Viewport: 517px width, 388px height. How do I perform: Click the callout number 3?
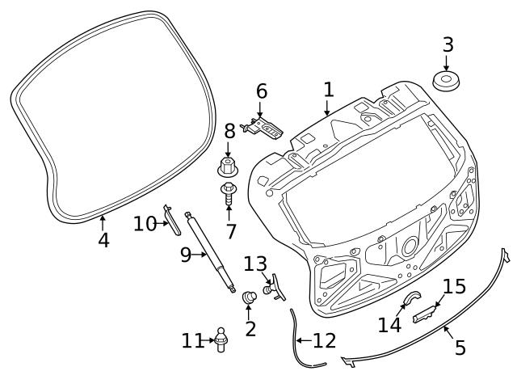pyautogui.click(x=448, y=45)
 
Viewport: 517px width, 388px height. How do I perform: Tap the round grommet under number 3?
pyautogui.click(x=446, y=81)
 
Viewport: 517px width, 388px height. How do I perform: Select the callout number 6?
pyautogui.click(x=262, y=91)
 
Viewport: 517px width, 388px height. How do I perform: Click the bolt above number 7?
pyautogui.click(x=228, y=193)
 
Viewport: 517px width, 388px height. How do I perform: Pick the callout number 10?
pyautogui.click(x=145, y=224)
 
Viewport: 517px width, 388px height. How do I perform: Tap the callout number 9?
pyautogui.click(x=186, y=255)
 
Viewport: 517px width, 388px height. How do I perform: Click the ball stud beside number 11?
pyautogui.click(x=221, y=339)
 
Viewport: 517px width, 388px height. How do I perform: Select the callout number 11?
pyautogui.click(x=192, y=341)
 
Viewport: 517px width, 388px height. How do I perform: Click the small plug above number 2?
pyautogui.click(x=250, y=297)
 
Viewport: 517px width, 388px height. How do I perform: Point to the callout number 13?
pyautogui.click(x=255, y=264)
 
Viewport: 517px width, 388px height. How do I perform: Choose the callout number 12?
pyautogui.click(x=325, y=340)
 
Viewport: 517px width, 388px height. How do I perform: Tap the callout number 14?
pyautogui.click(x=389, y=325)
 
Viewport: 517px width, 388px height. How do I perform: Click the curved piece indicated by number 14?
pyautogui.click(x=412, y=297)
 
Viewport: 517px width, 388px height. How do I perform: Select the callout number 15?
pyautogui.click(x=454, y=286)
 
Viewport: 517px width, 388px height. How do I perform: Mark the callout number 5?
pyautogui.click(x=460, y=348)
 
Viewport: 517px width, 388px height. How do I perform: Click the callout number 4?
pyautogui.click(x=103, y=240)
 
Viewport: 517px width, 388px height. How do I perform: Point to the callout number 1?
pyautogui.click(x=329, y=90)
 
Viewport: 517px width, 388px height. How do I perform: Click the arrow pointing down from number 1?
pyautogui.click(x=327, y=108)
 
